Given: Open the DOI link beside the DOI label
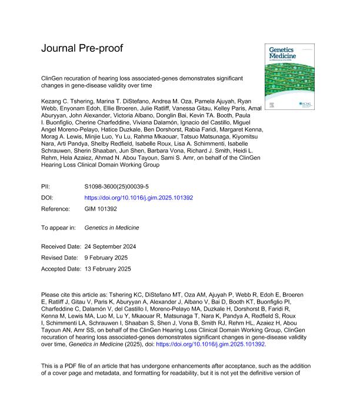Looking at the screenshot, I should [x=139, y=198].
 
